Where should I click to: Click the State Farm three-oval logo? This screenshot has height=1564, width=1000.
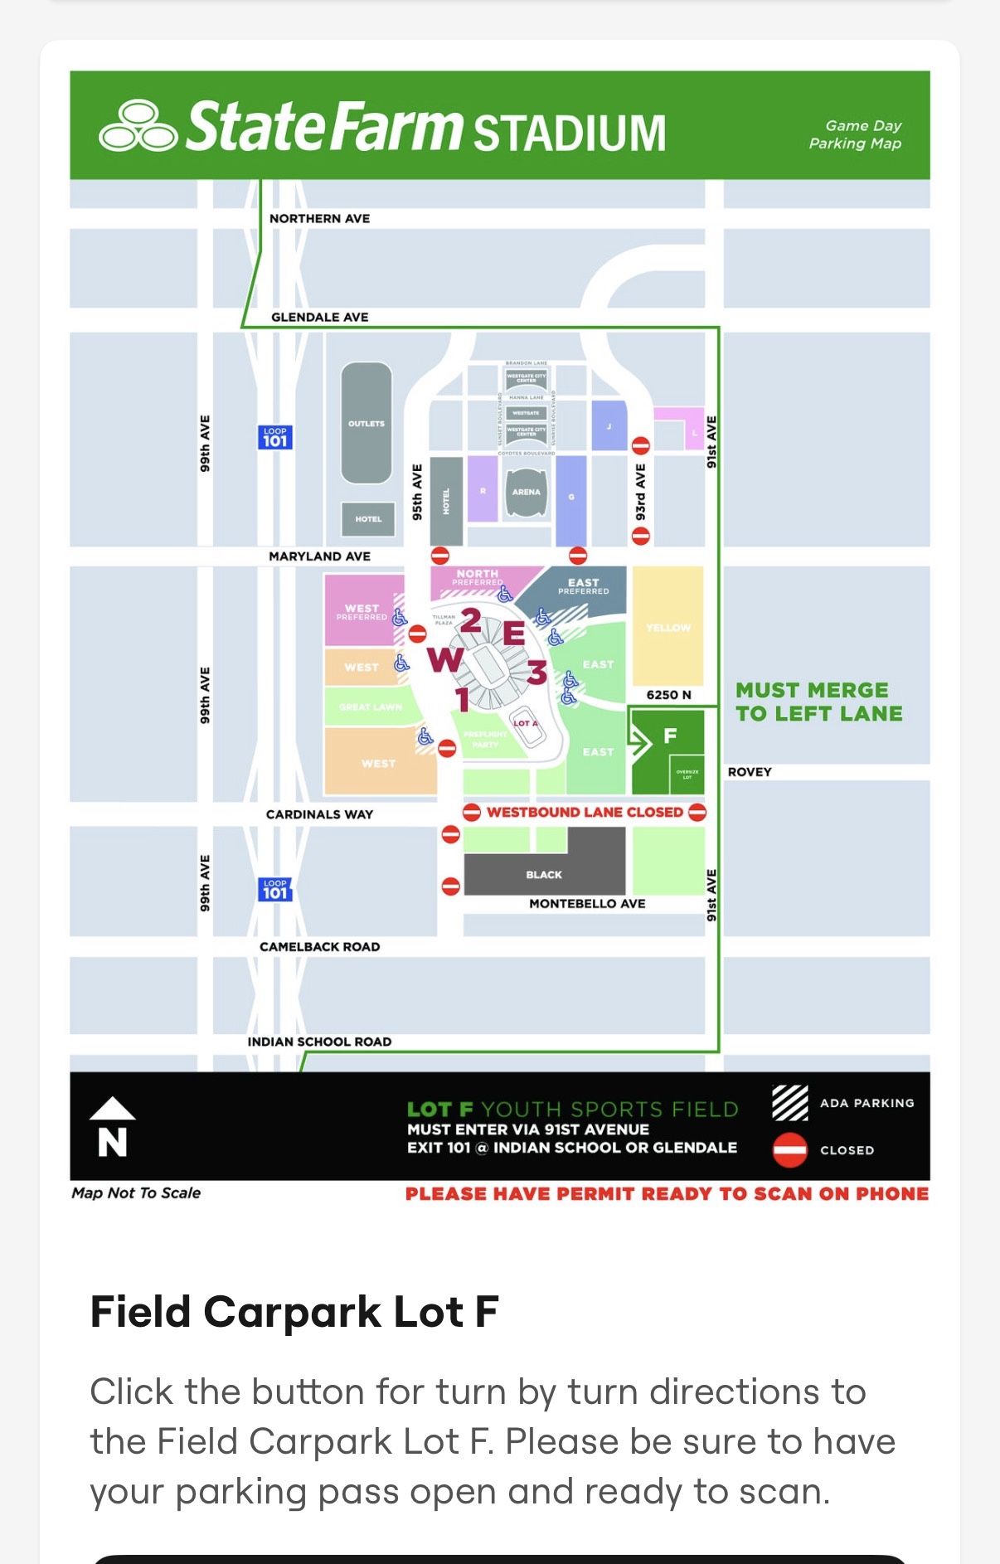click(x=138, y=127)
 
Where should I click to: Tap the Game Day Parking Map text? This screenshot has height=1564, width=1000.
click(x=855, y=134)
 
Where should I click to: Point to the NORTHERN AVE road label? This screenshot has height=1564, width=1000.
click(x=319, y=219)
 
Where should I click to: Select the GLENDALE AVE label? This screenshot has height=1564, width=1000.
click(x=319, y=317)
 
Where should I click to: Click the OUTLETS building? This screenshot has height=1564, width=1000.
click(x=367, y=423)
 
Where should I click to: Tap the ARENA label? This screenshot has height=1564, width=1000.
click(x=526, y=492)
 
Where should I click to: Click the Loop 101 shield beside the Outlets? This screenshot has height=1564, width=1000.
click(x=274, y=437)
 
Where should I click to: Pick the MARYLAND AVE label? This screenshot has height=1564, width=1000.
click(x=319, y=556)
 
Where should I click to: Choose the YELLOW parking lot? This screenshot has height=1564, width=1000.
click(x=667, y=627)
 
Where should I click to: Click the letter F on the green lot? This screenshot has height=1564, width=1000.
click(x=670, y=736)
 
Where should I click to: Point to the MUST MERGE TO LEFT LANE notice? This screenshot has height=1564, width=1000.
click(x=818, y=702)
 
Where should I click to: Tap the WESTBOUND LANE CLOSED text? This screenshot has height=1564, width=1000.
click(x=585, y=812)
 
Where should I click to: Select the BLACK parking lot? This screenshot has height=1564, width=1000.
click(x=544, y=875)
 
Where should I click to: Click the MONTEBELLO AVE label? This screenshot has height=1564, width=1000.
click(x=587, y=904)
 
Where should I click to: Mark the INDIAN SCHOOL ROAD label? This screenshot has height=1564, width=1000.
click(x=319, y=1042)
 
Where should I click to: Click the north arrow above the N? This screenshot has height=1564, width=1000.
click(x=112, y=1109)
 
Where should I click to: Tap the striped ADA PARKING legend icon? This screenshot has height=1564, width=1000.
click(x=789, y=1103)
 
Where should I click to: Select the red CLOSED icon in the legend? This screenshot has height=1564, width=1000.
click(x=789, y=1150)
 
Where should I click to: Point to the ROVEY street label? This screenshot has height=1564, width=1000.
click(x=750, y=772)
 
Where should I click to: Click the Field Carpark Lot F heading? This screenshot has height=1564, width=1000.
click(x=294, y=1312)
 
